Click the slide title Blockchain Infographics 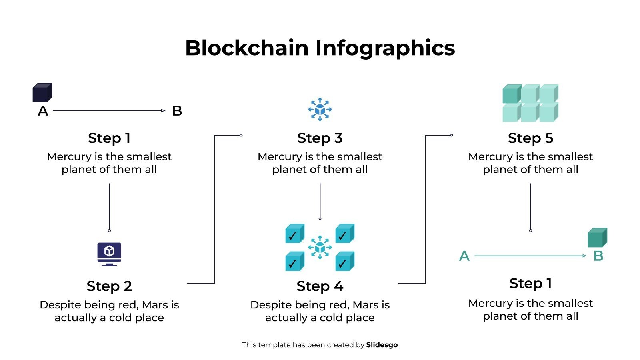point(320,48)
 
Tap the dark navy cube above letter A point(42,92)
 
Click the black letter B point(177,111)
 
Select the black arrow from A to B point(109,110)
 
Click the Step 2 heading point(109,286)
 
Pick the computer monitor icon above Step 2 point(109,254)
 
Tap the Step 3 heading point(320,138)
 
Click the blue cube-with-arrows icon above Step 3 point(320,109)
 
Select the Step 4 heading point(320,286)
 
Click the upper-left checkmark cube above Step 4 point(295,234)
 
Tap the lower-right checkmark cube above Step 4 point(344,261)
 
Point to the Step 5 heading point(530,138)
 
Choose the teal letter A point(464,256)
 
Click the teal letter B point(598,256)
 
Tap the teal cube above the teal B point(597,238)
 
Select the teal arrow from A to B point(530,256)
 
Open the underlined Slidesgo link point(382,345)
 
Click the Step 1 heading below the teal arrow point(530,283)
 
